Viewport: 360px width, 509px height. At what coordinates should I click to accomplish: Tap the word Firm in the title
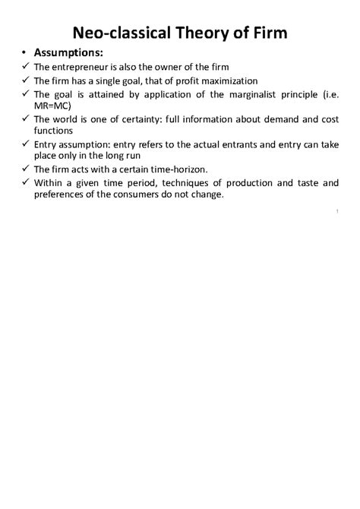pyautogui.click(x=265, y=33)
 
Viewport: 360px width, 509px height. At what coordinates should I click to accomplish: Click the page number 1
pyautogui.click(x=335, y=210)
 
